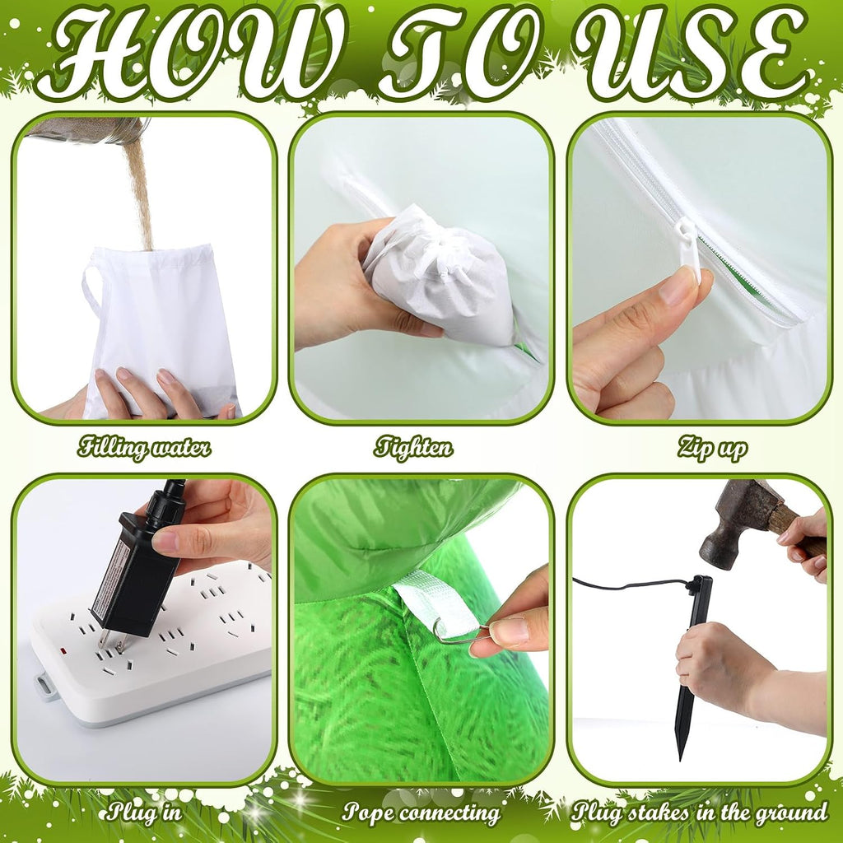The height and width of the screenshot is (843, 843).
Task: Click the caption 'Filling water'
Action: tap(144, 447)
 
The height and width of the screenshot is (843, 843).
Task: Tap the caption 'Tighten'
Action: tap(413, 447)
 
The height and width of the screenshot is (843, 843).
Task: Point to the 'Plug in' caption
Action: tap(143, 811)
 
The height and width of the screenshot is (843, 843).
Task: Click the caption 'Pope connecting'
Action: tap(421, 813)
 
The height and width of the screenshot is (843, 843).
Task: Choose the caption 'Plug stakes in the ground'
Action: tap(700, 812)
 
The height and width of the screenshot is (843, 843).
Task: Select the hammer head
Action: tap(740, 521)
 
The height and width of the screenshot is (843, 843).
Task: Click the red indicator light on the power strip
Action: tap(63, 652)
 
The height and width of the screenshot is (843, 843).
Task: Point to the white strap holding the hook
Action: tap(435, 601)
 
